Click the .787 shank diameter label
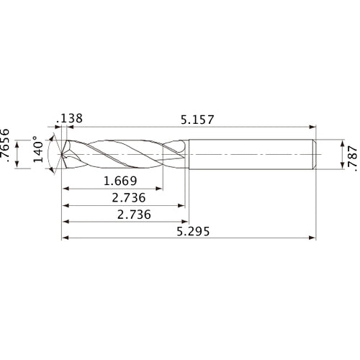[351, 154]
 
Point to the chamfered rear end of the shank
[315, 154]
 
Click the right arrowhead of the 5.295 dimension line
[313, 238]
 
